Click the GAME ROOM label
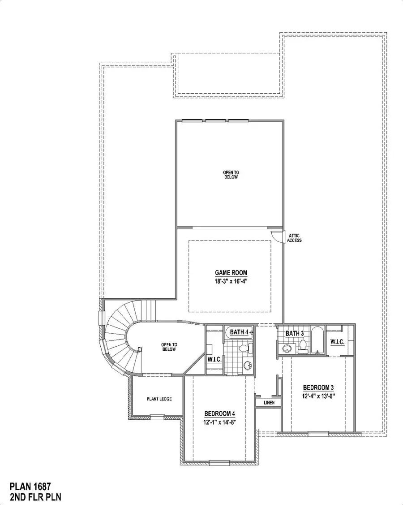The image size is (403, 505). (230, 272)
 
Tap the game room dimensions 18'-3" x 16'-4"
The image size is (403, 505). (230, 281)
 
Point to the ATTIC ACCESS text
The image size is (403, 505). (295, 238)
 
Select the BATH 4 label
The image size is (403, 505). (238, 332)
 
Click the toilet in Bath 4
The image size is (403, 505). (243, 348)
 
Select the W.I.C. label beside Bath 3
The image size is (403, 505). (337, 342)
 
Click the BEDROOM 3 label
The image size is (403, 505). (318, 387)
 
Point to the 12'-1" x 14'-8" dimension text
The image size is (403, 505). (219, 422)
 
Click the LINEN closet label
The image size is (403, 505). (269, 403)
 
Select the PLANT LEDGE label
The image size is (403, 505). (159, 399)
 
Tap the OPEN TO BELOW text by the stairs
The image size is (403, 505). (169, 347)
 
